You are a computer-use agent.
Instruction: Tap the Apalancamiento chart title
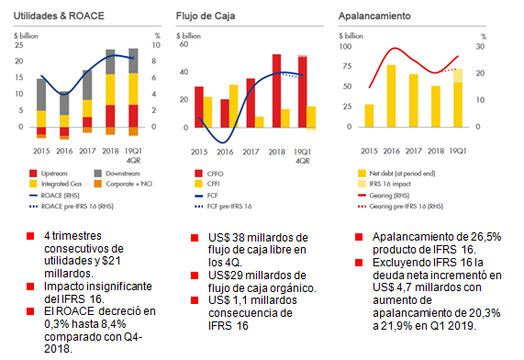pyautogui.click(x=374, y=17)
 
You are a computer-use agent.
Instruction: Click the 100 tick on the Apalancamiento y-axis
pyautogui.click(x=344, y=45)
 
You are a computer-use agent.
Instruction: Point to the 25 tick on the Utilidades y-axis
pyautogui.click(x=19, y=45)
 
